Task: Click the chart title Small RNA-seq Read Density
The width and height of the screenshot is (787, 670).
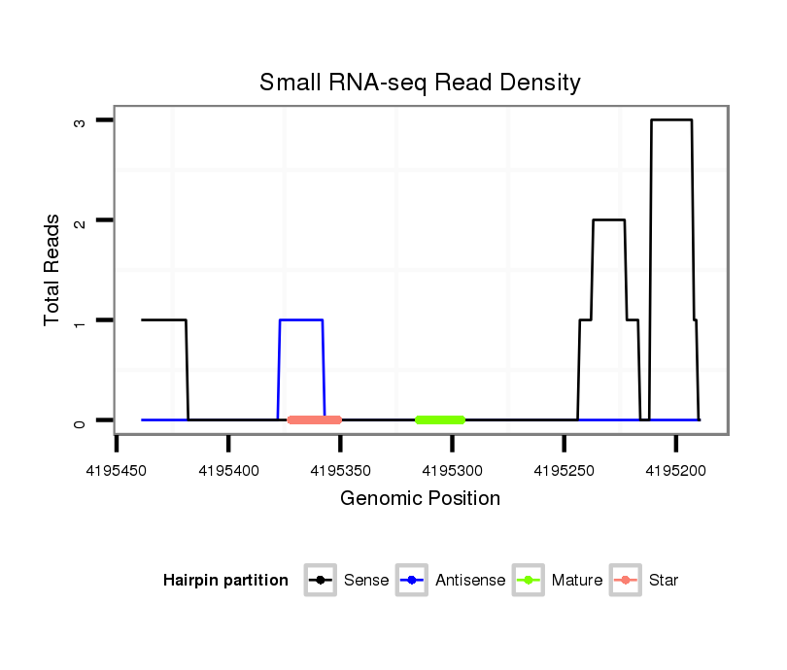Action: pos(420,83)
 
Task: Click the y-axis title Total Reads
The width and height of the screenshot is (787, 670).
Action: pos(53,269)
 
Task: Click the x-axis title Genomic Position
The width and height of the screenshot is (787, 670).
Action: pos(420,499)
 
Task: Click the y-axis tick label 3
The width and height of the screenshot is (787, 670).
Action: pos(83,120)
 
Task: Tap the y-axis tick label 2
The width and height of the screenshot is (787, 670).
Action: pos(83,220)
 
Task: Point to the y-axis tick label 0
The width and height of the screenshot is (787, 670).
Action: pos(83,420)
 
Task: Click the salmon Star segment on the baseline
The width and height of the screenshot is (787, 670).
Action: pos(315,419)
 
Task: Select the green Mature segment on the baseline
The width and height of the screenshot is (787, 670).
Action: pos(440,419)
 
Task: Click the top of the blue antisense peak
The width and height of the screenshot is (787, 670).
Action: pos(301,319)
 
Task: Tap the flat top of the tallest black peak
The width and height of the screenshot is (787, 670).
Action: pos(671,120)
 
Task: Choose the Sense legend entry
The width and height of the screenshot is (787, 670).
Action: pos(349,581)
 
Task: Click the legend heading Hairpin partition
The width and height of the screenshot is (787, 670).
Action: pos(225,581)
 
